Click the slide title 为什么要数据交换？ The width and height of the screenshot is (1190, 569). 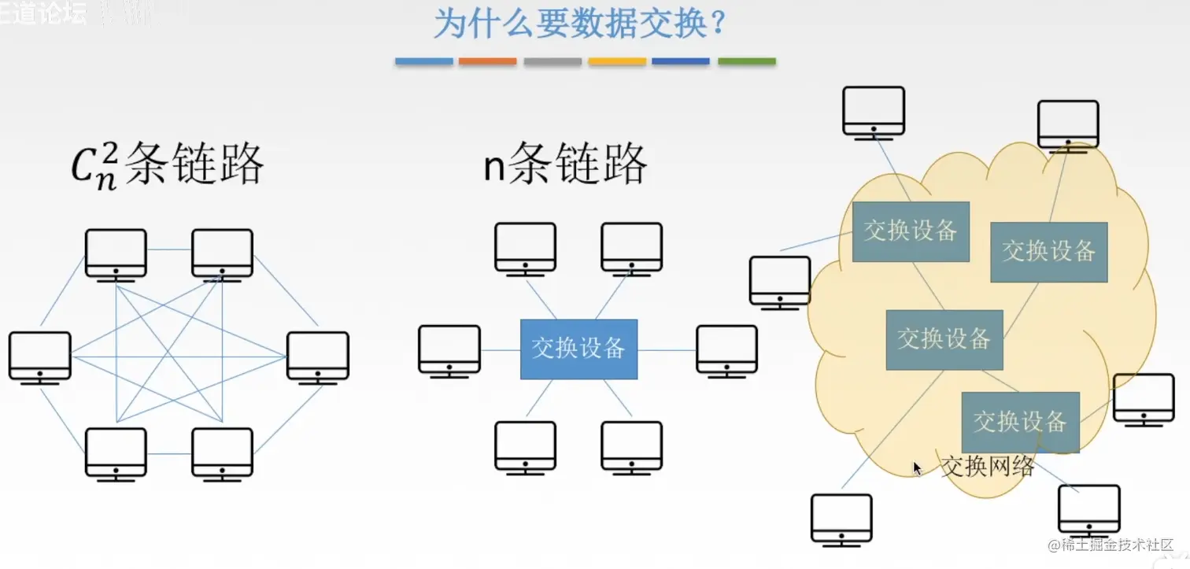point(578,24)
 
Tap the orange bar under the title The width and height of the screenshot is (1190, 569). point(487,61)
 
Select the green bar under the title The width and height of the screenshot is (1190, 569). point(746,61)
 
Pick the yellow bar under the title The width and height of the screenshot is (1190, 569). point(616,61)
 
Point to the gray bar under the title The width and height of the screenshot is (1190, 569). point(552,61)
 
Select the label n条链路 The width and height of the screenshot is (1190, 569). point(565,164)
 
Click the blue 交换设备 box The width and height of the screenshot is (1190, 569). point(578,349)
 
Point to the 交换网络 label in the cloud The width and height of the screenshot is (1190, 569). point(988,465)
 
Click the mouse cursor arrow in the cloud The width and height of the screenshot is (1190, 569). point(917,467)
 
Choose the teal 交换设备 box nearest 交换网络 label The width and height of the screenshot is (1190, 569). point(1020,421)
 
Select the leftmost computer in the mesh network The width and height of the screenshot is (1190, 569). point(39,357)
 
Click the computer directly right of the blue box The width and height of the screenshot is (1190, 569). point(726,349)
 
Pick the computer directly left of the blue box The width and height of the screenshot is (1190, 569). point(449,349)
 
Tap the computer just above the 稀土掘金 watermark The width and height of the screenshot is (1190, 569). point(1088,509)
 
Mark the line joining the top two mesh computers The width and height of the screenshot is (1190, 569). point(168,250)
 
